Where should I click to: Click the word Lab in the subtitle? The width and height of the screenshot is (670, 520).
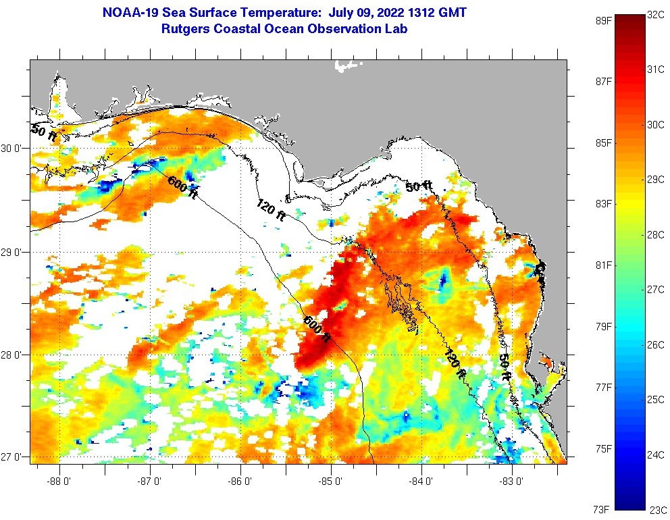click(396, 29)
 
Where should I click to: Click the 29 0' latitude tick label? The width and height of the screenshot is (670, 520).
click(12, 252)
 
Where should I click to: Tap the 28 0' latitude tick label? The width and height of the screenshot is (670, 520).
click(12, 355)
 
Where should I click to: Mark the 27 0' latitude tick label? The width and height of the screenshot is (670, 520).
click(12, 457)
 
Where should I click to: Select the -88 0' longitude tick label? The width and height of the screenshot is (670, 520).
click(59, 482)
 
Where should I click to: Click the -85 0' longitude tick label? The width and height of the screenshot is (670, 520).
click(332, 482)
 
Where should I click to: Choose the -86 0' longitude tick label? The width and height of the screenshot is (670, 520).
click(240, 482)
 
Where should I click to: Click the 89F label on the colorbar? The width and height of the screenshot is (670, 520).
click(603, 20)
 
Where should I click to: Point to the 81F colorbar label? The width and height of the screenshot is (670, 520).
click(603, 265)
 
